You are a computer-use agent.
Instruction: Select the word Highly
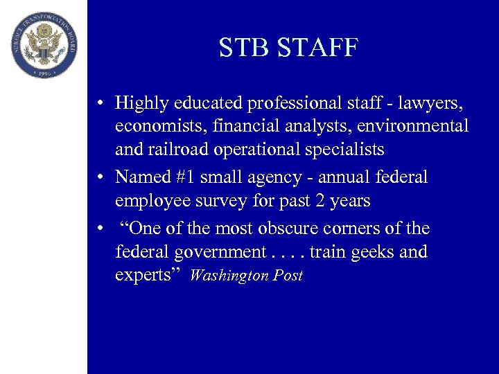[x=141, y=103]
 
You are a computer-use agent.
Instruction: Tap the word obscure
[x=295, y=228]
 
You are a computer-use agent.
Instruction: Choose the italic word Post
[x=288, y=276]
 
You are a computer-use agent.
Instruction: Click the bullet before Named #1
[x=101, y=177]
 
